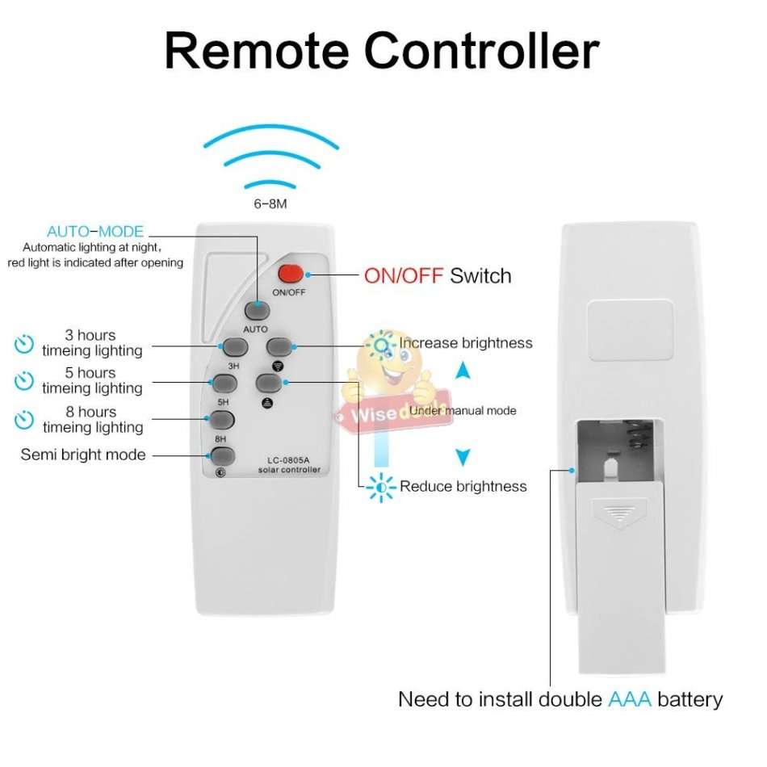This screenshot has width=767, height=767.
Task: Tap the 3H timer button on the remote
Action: [x=234, y=347]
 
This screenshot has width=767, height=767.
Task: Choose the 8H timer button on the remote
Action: [x=220, y=420]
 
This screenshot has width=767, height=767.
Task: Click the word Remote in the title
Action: [x=257, y=51]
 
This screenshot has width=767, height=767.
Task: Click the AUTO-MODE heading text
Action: [x=95, y=233]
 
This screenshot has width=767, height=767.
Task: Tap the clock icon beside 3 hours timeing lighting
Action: [x=25, y=344]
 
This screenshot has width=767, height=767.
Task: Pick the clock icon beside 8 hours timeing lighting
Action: [x=25, y=420]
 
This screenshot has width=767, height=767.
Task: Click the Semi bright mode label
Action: [x=83, y=455]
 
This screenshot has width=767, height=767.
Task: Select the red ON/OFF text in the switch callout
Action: [x=404, y=276]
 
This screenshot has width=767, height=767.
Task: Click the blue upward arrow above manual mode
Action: [x=462, y=371]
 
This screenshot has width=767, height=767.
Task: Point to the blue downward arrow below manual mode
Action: [x=462, y=458]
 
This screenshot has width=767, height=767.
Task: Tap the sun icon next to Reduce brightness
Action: [x=378, y=486]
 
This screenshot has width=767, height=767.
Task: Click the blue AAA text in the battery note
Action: [x=629, y=699]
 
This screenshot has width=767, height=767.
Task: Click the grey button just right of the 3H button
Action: [x=279, y=346]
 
